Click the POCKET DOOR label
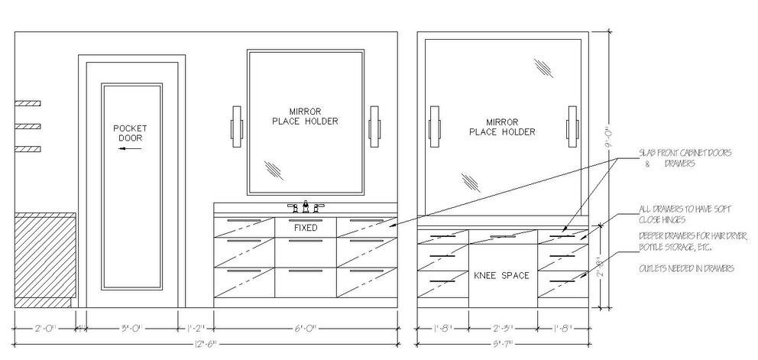click(130, 133)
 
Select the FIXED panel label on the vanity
click(305, 228)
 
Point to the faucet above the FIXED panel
click(306, 206)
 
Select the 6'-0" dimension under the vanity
click(305, 329)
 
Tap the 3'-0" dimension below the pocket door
click(131, 329)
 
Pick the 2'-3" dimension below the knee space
click(501, 329)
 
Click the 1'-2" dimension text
click(196, 329)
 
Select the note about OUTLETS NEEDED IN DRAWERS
click(686, 269)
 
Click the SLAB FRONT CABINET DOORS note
click(685, 158)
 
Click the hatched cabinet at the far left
click(45, 260)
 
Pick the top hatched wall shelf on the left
click(28, 102)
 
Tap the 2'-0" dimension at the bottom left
click(44, 329)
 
